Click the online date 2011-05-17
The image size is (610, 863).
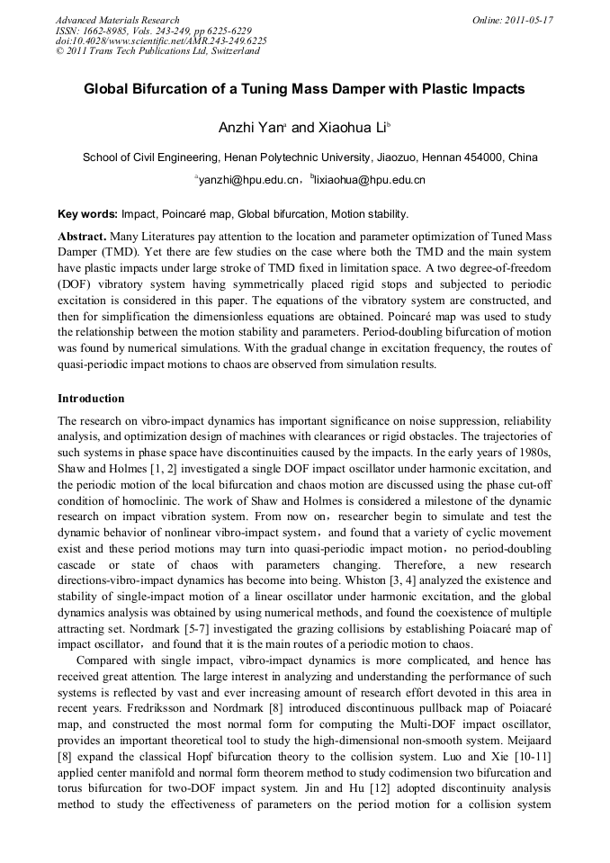526,20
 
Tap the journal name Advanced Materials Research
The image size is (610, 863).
117,20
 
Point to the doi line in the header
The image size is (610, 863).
161,40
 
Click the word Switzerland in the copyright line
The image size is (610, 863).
229,51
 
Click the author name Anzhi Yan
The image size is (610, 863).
247,130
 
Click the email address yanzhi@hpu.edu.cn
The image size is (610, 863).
248,181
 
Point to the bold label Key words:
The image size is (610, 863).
87,214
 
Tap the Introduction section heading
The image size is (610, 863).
91,398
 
